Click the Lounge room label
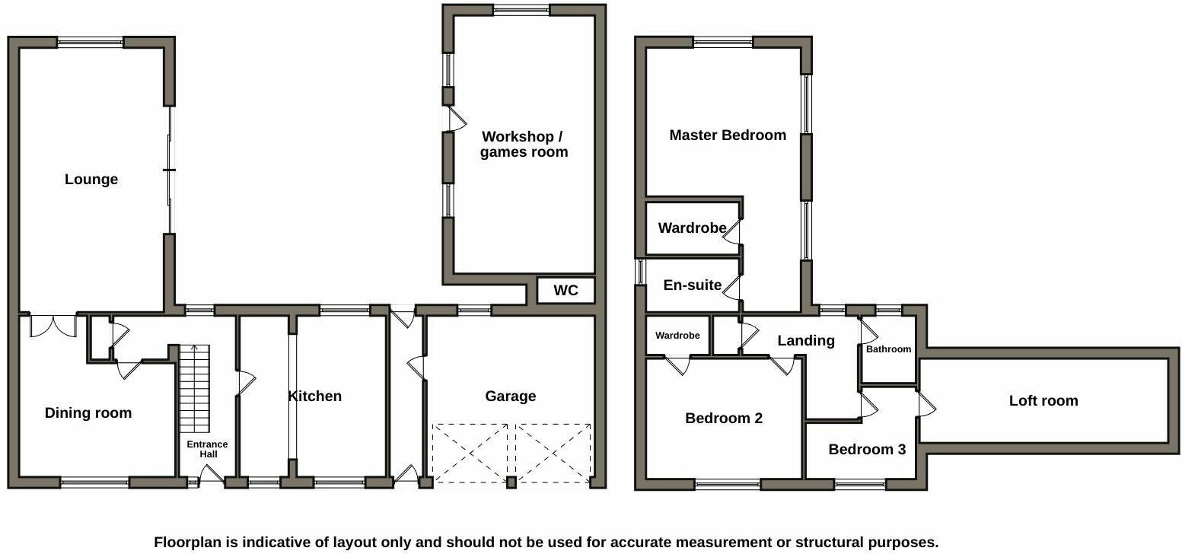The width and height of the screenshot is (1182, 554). (91, 180)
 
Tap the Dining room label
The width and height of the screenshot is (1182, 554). (88, 413)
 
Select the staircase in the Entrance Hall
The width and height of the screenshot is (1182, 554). (194, 389)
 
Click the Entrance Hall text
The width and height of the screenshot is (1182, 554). (208, 449)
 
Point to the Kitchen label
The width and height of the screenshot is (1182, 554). (315, 396)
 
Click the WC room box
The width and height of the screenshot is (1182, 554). (566, 291)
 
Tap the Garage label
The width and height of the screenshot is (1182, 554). (511, 396)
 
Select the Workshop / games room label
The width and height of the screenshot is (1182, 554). (524, 145)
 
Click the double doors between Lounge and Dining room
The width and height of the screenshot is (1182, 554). (53, 325)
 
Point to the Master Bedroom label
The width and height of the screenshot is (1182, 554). (728, 135)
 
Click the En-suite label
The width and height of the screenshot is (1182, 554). (692, 285)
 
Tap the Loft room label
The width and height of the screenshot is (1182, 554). (1043, 401)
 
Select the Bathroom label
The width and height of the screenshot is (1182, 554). (888, 349)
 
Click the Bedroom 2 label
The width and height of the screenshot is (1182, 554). (724, 418)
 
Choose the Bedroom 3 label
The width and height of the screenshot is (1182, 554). (867, 449)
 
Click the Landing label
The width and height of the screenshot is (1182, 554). (806, 340)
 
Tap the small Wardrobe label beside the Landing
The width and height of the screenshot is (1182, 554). (677, 336)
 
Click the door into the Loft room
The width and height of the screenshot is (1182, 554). (926, 404)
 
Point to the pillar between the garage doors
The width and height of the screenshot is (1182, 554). (511, 482)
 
